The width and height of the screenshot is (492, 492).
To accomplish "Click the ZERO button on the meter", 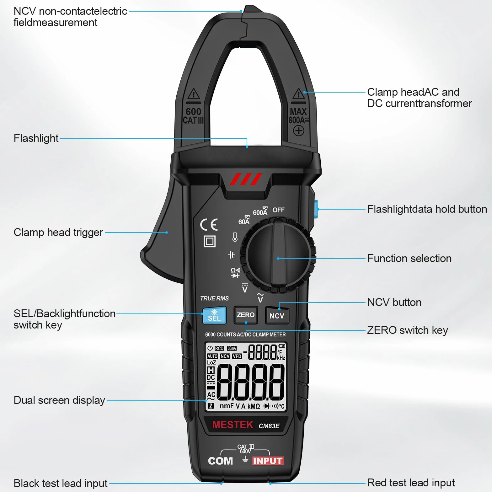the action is tap(246, 315).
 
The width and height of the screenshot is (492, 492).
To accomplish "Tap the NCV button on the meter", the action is tap(277, 315).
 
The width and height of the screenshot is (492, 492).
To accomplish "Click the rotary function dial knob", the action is tap(278, 255).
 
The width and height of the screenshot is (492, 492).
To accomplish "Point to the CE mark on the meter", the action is tap(209, 225).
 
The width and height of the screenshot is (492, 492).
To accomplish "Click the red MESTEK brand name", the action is tap(233, 425).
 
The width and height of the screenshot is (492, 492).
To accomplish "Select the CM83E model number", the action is tap(269, 426).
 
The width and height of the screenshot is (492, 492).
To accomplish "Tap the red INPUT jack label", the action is tap(268, 461).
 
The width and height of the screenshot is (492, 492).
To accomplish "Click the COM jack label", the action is tap(220, 461).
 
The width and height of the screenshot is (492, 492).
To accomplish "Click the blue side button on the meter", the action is tap(316, 209).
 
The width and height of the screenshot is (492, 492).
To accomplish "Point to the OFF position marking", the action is tap(278, 210).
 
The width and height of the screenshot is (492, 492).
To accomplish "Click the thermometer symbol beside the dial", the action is tap(235, 237).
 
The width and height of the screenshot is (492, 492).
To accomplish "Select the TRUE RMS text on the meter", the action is tap(215, 298).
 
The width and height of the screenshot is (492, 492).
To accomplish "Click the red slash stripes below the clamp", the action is tap(246, 179).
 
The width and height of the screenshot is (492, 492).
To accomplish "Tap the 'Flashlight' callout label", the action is tap(36, 138).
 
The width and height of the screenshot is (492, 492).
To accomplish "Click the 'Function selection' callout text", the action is tap(409, 258).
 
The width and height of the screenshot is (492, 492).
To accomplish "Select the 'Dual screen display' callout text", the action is tap(59, 400).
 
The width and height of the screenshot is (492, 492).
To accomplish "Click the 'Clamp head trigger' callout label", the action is tap(58, 233).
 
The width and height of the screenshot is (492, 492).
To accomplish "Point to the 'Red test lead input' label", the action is tap(411, 483).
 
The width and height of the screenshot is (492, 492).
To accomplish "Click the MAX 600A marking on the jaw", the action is tap(299, 116).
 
